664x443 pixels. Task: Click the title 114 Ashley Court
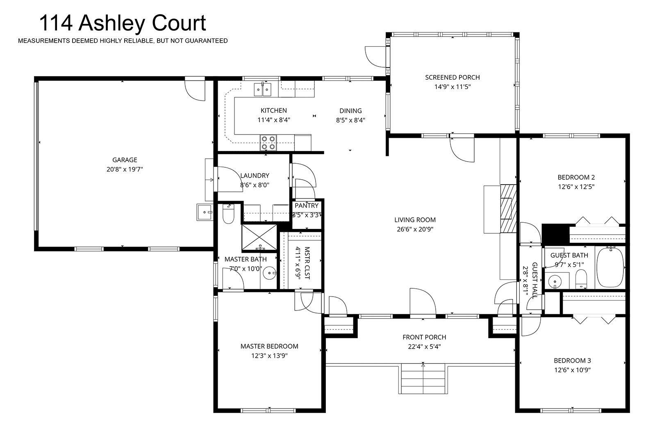point(123,23)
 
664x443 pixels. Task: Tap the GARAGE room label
point(125,160)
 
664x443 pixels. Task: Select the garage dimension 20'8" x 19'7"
point(125,169)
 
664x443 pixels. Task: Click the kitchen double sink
point(263,89)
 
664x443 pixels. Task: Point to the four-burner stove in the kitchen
point(268,143)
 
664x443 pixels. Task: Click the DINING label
point(351,111)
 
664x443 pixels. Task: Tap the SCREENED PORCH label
point(453,78)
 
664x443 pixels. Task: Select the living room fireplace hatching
point(508,209)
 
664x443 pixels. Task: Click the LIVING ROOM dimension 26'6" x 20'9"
point(415,229)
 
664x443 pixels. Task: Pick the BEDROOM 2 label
point(576,178)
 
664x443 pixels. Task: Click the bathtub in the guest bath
point(610,267)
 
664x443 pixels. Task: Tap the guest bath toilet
point(581,279)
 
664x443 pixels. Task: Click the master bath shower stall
point(259,237)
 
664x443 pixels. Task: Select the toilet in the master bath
point(228,214)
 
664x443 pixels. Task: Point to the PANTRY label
point(307,206)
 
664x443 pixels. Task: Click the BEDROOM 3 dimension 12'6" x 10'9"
point(573,370)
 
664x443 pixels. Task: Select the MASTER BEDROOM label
point(269,346)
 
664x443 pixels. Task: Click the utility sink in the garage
point(205,212)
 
